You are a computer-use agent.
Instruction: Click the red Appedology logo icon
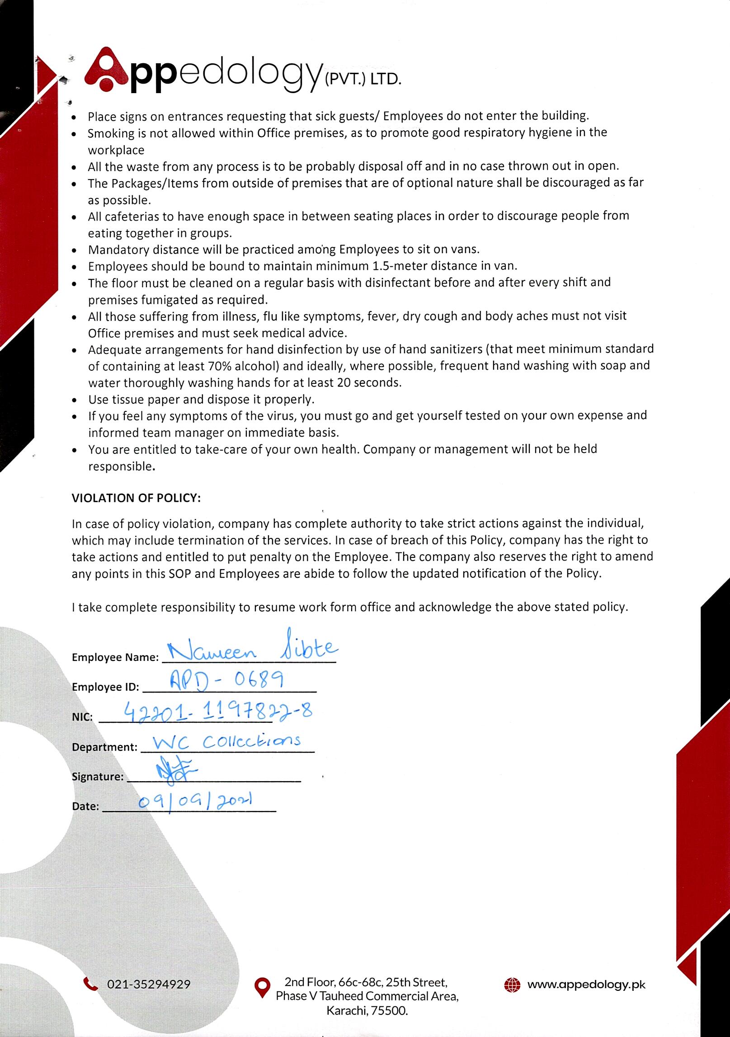pos(107,70)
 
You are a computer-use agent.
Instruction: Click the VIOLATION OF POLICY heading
pos(136,498)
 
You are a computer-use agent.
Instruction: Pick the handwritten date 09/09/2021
pos(195,802)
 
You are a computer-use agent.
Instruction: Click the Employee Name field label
pos(115,658)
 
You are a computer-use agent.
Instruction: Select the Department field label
pos(104,747)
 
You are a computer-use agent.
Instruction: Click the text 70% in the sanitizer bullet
pos(220,366)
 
